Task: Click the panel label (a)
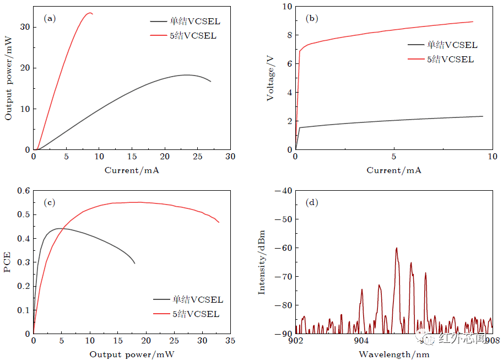point(50,18)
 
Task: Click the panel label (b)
point(312,18)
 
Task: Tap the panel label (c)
point(50,202)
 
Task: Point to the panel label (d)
point(312,202)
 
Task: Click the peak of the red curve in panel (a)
point(89,13)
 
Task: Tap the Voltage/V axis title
point(271,78)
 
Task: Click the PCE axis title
point(8,262)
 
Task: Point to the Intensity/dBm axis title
point(262,262)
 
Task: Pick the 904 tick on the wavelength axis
point(360,340)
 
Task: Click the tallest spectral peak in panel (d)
point(396,249)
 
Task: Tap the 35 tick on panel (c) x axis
point(230,341)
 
